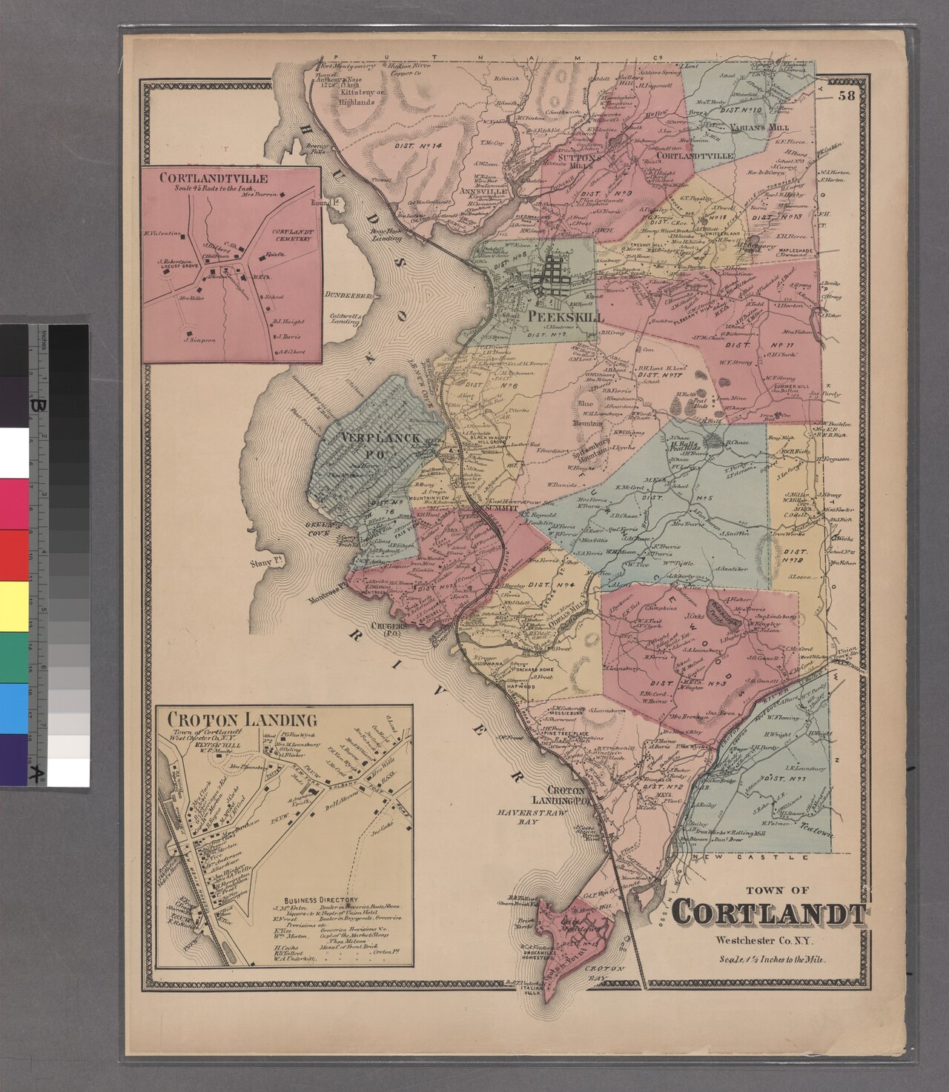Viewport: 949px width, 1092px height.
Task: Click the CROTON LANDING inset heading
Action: [242, 719]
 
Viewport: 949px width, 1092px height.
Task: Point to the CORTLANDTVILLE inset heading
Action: [214, 178]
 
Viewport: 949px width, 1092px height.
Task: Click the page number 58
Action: [847, 95]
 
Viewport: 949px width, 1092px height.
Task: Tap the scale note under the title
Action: [772, 959]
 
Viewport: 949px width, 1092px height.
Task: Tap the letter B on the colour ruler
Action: [35, 406]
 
